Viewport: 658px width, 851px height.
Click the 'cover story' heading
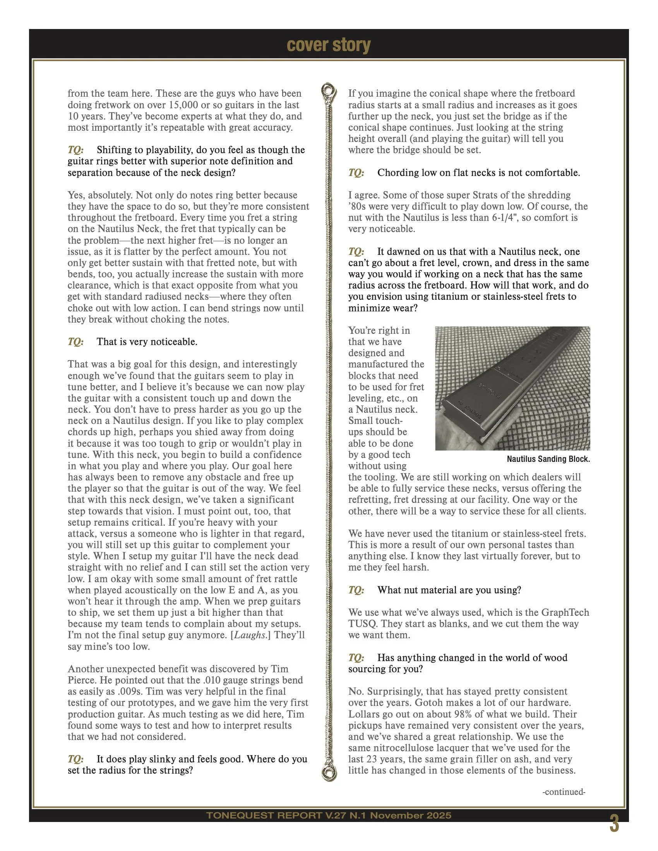tap(329, 45)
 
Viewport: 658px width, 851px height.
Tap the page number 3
tap(614, 824)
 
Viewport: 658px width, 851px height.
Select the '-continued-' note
tap(564, 792)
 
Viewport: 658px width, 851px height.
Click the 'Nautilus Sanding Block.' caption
tap(548, 459)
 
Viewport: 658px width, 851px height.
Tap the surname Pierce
tap(82, 680)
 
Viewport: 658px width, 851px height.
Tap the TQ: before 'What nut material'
tap(356, 590)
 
